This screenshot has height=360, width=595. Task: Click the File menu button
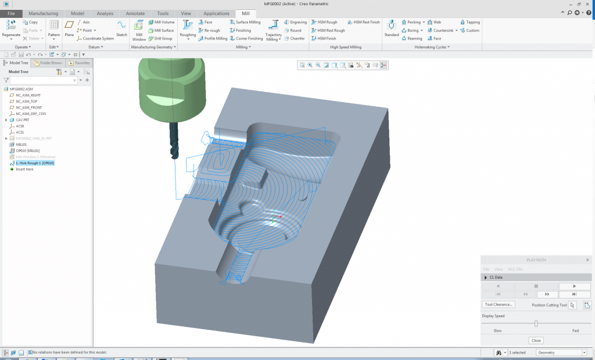11,13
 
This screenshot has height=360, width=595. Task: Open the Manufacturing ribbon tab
43,13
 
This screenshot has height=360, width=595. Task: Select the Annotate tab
135,13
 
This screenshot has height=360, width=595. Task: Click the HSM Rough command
327,22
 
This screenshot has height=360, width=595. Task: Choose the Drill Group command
160,38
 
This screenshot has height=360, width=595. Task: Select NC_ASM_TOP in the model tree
26,101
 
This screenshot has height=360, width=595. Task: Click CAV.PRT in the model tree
23,120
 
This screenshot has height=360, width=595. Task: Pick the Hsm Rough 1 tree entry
34,163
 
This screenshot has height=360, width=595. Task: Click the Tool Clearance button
499,304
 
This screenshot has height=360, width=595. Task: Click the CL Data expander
486,278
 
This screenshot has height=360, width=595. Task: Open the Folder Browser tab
48,62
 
